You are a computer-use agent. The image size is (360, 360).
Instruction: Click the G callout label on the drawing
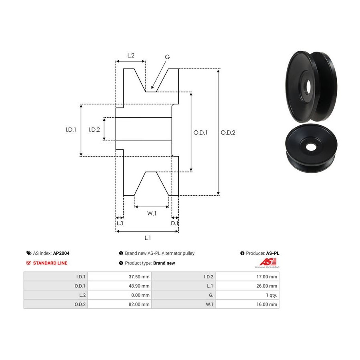point(167,57)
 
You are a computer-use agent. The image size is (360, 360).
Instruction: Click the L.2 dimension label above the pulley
point(131,55)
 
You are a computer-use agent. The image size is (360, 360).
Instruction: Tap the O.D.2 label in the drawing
point(228,132)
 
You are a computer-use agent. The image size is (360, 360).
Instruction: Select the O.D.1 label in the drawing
point(200,132)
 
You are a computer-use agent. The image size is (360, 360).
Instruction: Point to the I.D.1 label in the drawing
point(71,130)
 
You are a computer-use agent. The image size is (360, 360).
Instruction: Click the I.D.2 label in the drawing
point(94,130)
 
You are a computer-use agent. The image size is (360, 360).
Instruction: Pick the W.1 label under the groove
point(152,213)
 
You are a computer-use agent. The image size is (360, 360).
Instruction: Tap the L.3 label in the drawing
point(120,223)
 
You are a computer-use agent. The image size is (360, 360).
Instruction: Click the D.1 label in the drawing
point(174,223)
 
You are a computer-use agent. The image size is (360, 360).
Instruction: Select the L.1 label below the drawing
point(148,238)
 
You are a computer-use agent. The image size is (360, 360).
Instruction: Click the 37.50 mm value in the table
point(139,277)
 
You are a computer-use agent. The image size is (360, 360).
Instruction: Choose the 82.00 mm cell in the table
point(139,304)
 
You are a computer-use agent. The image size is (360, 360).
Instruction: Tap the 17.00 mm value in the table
point(266,277)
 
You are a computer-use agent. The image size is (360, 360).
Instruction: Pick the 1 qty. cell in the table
point(271,295)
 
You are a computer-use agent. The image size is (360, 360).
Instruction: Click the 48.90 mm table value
point(139,286)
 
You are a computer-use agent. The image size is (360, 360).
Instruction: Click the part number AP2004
point(61,253)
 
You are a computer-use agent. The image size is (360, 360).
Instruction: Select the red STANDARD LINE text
point(50,263)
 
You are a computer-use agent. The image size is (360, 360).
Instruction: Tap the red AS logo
point(268,262)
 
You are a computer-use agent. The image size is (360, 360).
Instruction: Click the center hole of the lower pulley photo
point(311,147)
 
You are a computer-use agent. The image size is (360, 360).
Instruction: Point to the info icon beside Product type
point(121,263)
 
